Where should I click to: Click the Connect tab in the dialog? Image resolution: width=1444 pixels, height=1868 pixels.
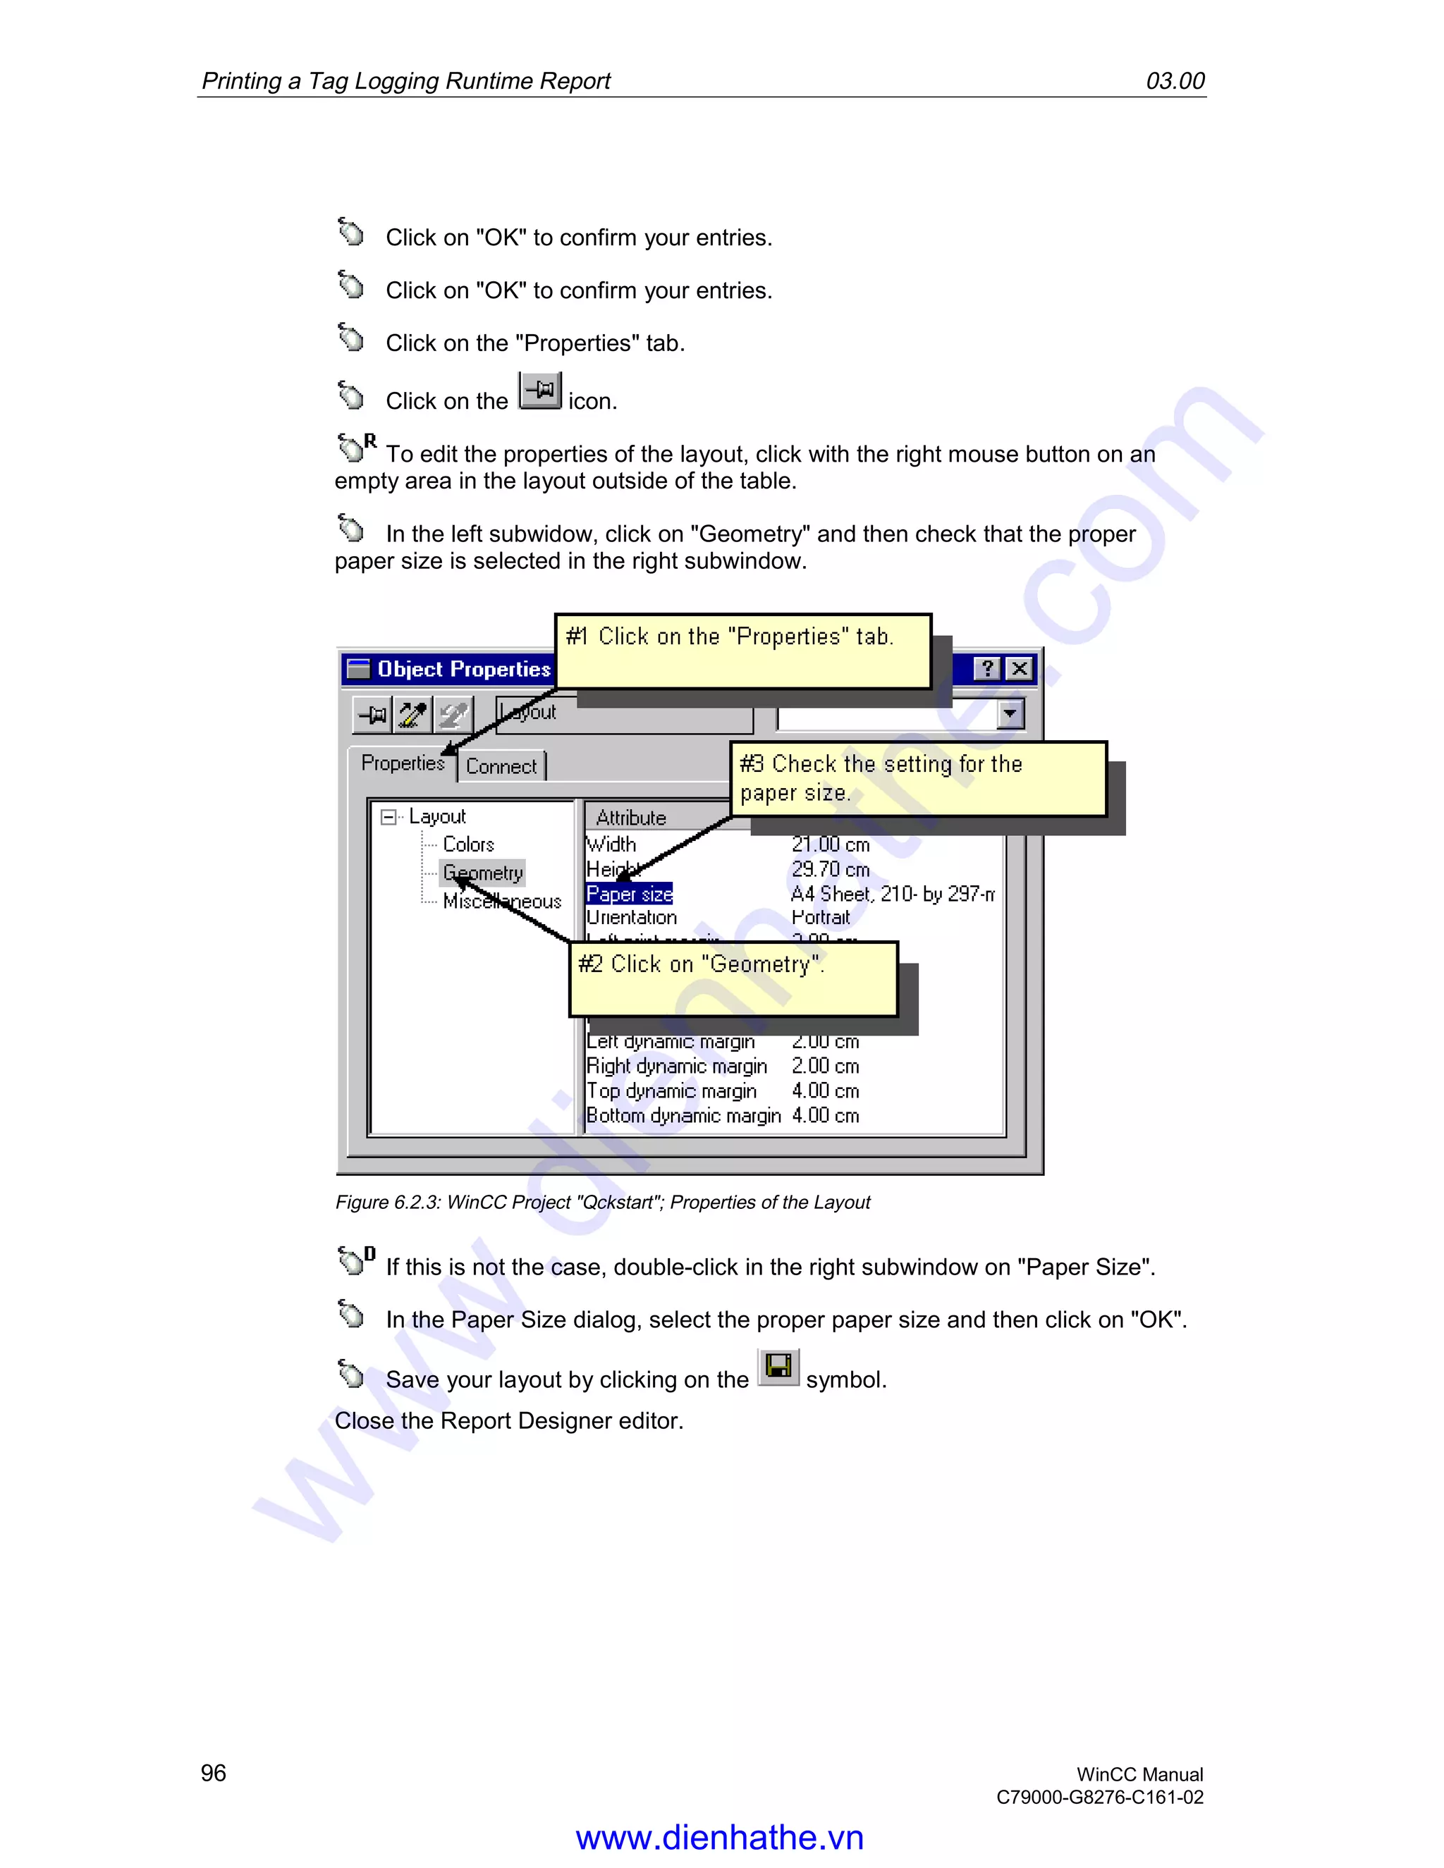pos(501,766)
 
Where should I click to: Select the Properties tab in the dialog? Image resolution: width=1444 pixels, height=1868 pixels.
pos(402,763)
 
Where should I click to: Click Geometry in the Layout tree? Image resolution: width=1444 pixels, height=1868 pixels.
pos(482,873)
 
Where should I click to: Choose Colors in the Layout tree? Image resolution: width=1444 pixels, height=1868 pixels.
pos(468,845)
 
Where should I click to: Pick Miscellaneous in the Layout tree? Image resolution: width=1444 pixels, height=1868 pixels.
pos(502,902)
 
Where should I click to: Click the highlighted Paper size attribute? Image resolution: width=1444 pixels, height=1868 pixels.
pos(629,895)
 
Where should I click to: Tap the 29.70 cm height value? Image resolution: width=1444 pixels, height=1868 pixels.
pos(830,870)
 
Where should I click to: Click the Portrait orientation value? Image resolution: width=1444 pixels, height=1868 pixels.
pos(821,918)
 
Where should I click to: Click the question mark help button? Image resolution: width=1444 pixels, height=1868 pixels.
pos(987,669)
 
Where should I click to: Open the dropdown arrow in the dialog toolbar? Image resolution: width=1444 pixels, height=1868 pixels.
pos(1010,713)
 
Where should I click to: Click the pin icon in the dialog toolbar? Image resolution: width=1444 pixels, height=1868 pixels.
pos(372,714)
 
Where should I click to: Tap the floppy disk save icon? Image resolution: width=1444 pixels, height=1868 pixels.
pos(778,1367)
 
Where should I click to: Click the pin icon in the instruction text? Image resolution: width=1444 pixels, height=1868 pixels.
pos(540,392)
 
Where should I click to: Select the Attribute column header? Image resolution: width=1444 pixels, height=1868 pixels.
pos(631,818)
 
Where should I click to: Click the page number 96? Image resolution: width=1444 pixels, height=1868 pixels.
pos(213,1773)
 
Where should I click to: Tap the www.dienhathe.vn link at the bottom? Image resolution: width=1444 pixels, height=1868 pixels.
pos(719,1837)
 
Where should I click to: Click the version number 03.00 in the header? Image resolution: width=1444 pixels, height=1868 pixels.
pos(1175,81)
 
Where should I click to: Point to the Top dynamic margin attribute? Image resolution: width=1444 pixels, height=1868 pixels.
pos(671,1091)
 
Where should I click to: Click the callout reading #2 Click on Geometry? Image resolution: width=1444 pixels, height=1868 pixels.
pos(733,978)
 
